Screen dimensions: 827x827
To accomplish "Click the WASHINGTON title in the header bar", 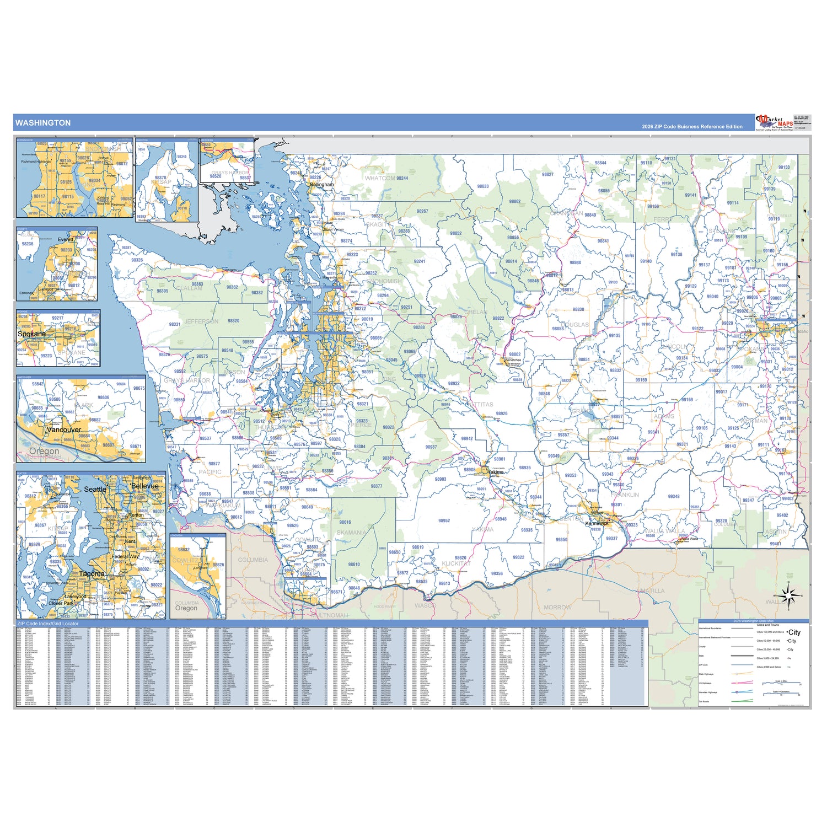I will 43,123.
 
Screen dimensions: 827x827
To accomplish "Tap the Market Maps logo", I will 774,122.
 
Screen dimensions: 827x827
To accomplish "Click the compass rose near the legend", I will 788,596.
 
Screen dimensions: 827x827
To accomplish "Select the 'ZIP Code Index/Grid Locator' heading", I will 48,624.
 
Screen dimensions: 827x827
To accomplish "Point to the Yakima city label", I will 496,472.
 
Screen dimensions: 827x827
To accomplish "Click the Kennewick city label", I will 597,523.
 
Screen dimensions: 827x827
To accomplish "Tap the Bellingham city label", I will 321,185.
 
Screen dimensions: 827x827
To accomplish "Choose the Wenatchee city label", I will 513,360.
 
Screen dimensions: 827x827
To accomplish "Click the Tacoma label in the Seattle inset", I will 92,573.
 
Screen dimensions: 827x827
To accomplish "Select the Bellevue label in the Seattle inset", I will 145,486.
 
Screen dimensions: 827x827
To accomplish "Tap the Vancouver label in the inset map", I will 64,429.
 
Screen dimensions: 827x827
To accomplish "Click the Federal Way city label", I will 125,556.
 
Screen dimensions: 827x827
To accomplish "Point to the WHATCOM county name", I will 380,178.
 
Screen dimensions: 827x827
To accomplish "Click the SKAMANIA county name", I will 351,533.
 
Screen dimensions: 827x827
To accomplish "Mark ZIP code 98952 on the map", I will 444,520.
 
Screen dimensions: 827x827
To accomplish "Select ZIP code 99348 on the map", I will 674,496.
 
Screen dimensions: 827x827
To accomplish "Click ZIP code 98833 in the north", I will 483,186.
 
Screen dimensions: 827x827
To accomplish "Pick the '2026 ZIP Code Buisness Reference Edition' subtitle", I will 692,127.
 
